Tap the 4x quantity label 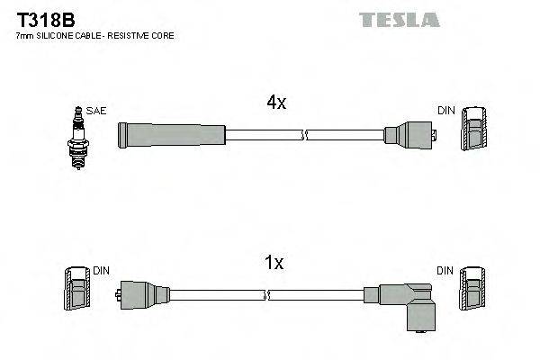275,103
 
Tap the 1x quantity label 275,263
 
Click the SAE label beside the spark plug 96,111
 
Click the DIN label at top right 446,111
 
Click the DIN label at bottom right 446,270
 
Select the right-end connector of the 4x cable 409,136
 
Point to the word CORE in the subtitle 162,36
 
